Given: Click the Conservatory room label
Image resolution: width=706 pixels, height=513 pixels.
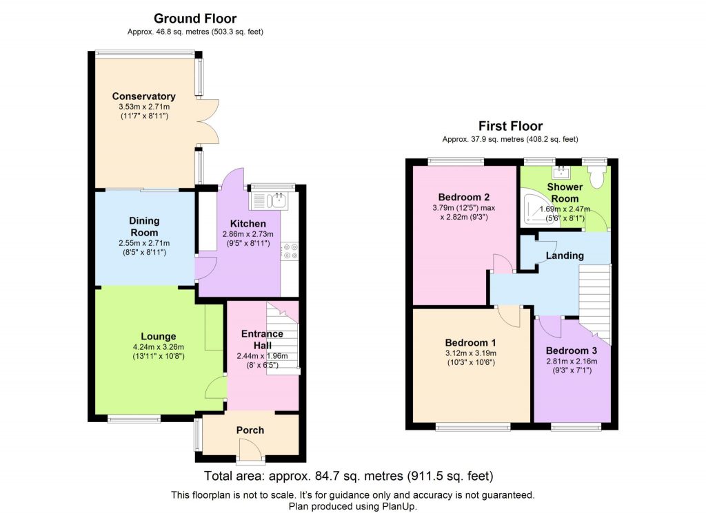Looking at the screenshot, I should pos(143,96).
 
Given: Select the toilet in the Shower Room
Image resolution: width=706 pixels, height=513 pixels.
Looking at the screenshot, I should pos(598,177).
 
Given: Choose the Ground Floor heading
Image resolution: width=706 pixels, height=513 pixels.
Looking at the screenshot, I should pos(194,19).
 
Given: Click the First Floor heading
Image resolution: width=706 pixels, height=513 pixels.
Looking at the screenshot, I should pos(510,126).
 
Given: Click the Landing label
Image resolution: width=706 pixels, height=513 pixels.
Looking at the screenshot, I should pos(565,255).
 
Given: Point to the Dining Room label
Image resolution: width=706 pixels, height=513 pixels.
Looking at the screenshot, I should pos(144,227).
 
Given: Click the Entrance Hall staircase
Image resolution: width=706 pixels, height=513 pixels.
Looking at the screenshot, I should pos(282,337).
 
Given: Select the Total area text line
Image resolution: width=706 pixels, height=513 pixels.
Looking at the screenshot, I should pos(349,477).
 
